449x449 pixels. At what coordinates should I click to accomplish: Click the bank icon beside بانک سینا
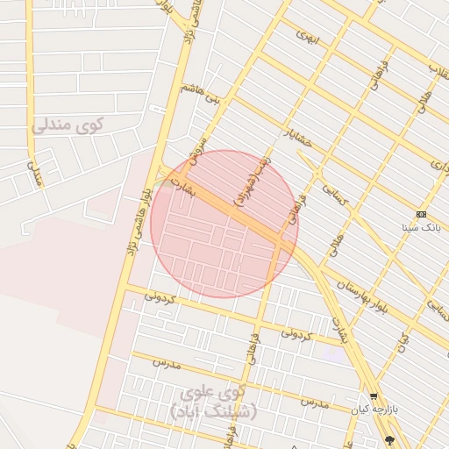click(421, 214)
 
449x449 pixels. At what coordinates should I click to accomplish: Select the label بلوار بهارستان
click(355, 286)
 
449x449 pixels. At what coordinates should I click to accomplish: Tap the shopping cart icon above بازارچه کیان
click(374, 396)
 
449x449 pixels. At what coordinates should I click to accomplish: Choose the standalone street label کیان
click(403, 339)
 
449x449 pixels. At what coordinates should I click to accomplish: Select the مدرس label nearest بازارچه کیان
click(313, 403)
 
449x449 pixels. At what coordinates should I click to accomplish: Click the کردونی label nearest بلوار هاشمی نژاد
click(160, 297)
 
